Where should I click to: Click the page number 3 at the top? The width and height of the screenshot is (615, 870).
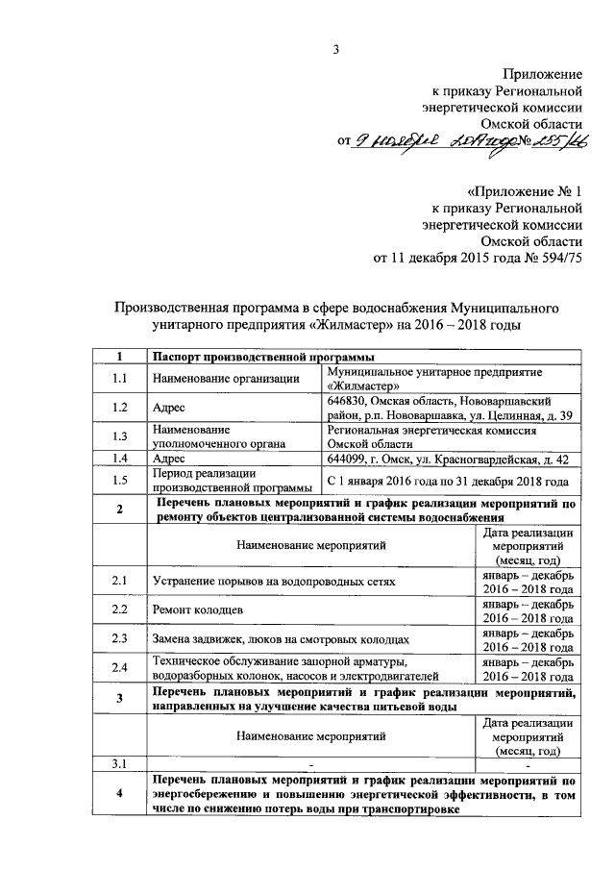coord(336,50)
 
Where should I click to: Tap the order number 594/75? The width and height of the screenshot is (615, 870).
coord(555,258)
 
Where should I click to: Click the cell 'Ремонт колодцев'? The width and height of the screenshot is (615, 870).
coord(199,610)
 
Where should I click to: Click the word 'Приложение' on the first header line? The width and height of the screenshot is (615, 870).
coord(544,74)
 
